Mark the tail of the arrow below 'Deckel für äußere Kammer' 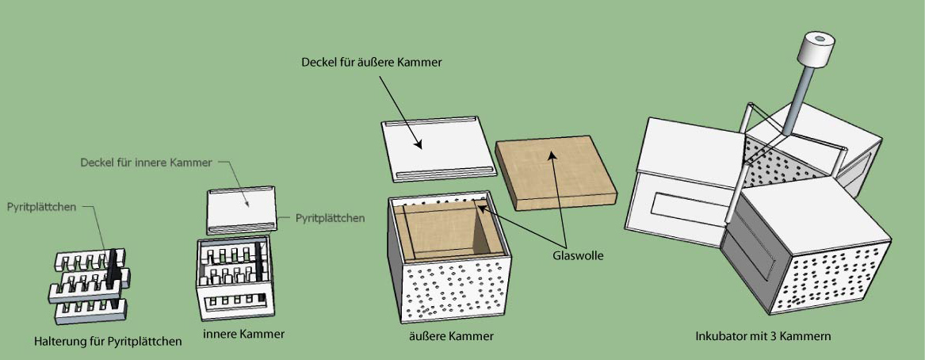click(x=379, y=75)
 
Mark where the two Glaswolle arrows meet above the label click(x=565, y=247)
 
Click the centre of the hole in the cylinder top click(x=818, y=40)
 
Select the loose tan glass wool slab click(x=556, y=171)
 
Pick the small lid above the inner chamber click(x=242, y=209)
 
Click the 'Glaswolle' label click(x=578, y=256)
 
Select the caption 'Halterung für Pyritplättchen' click(x=108, y=341)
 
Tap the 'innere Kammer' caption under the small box click(x=243, y=334)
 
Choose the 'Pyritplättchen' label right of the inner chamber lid click(x=330, y=218)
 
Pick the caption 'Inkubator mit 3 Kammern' click(x=763, y=336)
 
